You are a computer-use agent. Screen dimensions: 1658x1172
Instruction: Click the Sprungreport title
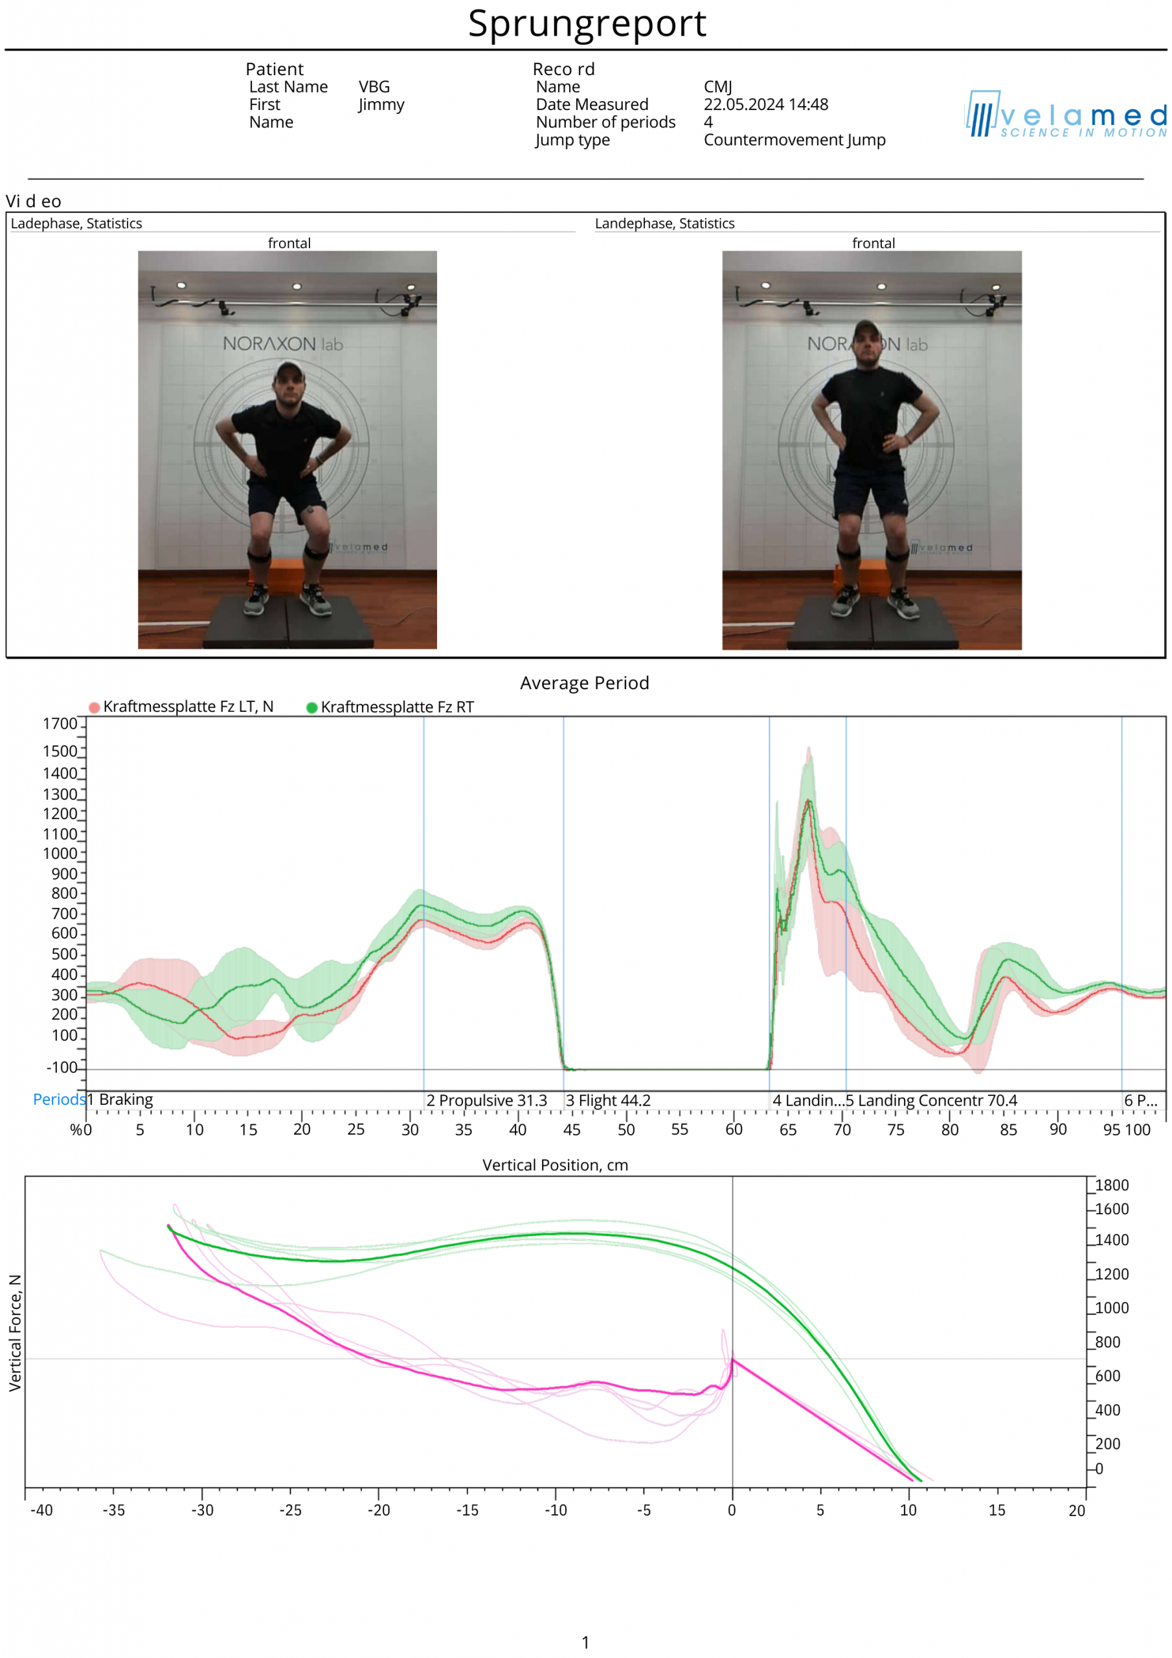coord(587,24)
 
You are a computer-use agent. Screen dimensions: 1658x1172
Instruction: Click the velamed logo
coord(1066,115)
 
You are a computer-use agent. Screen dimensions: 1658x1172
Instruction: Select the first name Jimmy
coord(381,105)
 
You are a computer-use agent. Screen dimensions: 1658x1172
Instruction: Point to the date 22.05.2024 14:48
coord(765,105)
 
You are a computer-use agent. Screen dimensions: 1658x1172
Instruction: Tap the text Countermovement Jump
coord(794,140)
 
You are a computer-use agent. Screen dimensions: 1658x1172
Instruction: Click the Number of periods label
coord(605,122)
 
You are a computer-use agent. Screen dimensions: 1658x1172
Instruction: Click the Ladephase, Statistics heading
coord(76,224)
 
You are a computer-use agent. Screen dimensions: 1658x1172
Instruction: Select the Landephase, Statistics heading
coord(664,224)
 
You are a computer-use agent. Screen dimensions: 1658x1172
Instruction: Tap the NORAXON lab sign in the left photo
coord(282,344)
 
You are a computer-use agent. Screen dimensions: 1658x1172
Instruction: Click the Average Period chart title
coord(584,683)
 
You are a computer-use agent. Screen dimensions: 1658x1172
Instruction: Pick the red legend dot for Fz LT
coord(95,708)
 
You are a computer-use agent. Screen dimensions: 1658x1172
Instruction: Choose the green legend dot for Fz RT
coord(312,708)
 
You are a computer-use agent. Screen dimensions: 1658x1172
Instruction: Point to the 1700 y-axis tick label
coord(60,724)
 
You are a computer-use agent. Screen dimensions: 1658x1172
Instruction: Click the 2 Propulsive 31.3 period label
coord(486,1100)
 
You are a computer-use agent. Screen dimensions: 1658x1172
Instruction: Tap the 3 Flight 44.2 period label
coord(608,1100)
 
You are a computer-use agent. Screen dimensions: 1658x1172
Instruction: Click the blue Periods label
coord(58,1100)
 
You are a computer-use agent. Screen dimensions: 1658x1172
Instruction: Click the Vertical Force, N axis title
coord(15,1333)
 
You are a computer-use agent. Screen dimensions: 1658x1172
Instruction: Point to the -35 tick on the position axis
coord(113,1510)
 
